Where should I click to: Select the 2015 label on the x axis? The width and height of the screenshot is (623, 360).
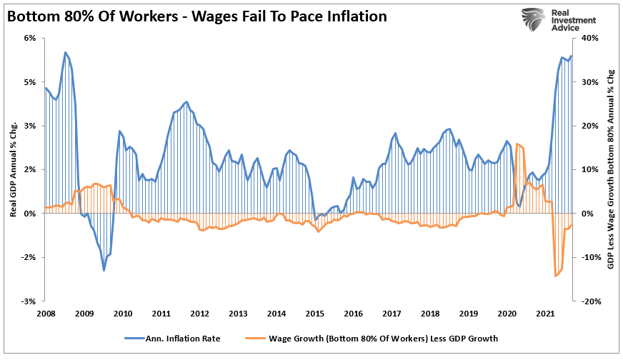coord(314,313)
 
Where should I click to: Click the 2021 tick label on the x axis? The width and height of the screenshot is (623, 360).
coord(547,313)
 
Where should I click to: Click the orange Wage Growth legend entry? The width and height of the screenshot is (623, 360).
coord(379,339)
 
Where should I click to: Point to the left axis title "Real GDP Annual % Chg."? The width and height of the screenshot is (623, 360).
coord(14,169)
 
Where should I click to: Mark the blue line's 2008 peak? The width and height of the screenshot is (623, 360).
coord(65,52)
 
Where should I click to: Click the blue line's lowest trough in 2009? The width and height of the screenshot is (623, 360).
coord(104,270)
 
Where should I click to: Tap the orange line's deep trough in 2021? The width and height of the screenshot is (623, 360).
coord(556,276)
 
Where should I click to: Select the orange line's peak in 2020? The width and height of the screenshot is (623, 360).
coord(517,144)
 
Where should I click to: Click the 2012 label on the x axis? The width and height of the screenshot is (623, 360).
coord(199,313)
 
